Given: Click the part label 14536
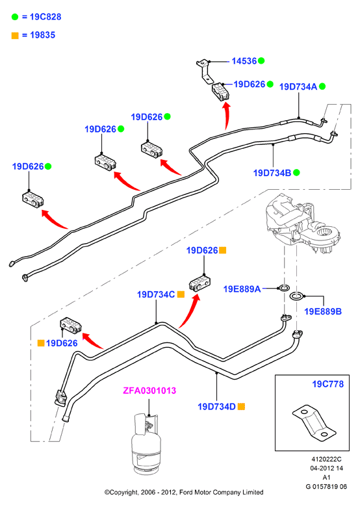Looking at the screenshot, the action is [244, 61].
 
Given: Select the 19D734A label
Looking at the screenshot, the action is [298, 86].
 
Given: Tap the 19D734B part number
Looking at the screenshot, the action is [272, 173].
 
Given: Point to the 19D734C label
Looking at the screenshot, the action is [156, 294].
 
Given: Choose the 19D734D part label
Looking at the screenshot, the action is [216, 407].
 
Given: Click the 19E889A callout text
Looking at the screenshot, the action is [242, 289].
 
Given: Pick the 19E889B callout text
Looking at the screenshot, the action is [323, 311].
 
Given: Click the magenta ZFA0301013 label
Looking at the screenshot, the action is [149, 391].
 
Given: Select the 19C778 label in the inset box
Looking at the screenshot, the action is [328, 384].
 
